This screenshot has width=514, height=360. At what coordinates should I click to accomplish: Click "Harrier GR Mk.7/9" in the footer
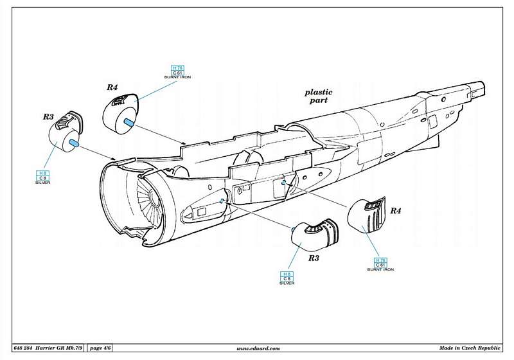(x=55, y=348)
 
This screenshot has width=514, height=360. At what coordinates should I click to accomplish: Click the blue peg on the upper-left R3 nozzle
(x=74, y=143)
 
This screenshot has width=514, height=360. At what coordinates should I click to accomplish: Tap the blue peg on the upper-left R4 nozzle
(x=128, y=122)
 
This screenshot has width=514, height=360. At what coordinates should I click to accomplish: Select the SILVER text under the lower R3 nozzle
(x=287, y=283)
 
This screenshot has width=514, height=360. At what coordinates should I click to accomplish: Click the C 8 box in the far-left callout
(x=43, y=178)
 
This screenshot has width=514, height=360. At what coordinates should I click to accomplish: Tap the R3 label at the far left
(x=48, y=117)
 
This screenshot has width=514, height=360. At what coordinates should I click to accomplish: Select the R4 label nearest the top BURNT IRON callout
(x=112, y=87)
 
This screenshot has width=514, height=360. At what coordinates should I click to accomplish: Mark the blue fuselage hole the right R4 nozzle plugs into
(x=283, y=183)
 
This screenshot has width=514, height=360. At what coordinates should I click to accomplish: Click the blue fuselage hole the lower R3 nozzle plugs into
(x=222, y=201)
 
